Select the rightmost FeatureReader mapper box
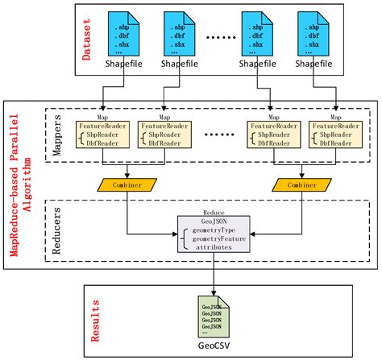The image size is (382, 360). point(334,134)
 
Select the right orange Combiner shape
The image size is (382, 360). point(302,185)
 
